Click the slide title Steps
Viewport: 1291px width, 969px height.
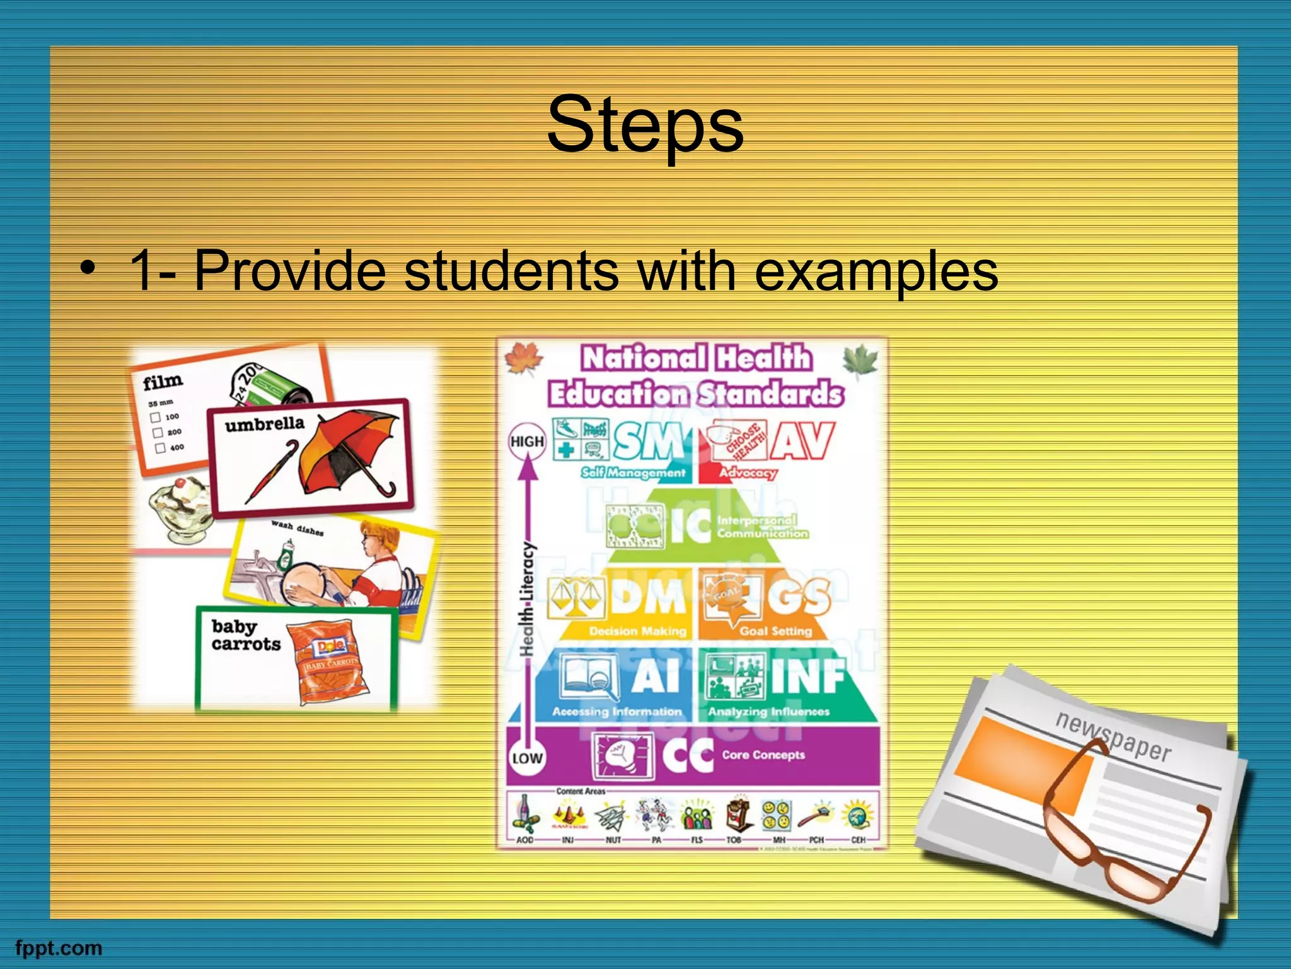click(645, 125)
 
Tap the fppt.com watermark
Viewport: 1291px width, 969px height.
click(58, 948)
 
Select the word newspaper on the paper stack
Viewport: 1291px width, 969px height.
click(1113, 736)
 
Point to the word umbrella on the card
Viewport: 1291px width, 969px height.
click(264, 424)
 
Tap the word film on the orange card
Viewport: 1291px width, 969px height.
click(163, 381)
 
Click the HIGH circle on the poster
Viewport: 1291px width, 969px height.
click(526, 442)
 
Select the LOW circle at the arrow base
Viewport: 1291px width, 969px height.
click(526, 758)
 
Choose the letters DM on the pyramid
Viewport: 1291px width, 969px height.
click(647, 596)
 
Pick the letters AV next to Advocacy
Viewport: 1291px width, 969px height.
click(804, 442)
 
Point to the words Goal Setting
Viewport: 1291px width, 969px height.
click(776, 631)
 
